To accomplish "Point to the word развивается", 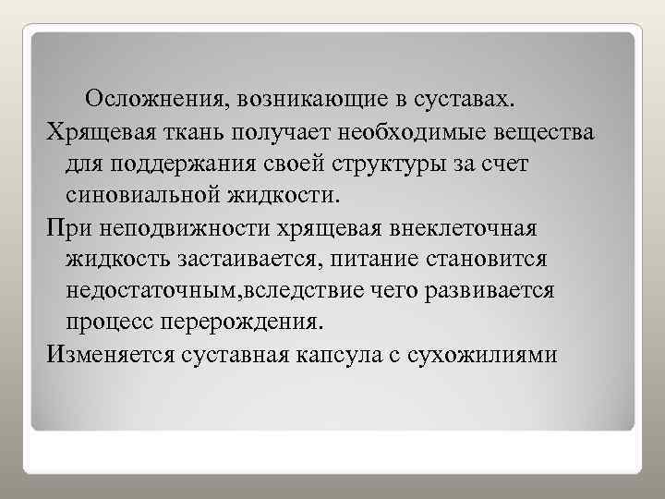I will [491, 292].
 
